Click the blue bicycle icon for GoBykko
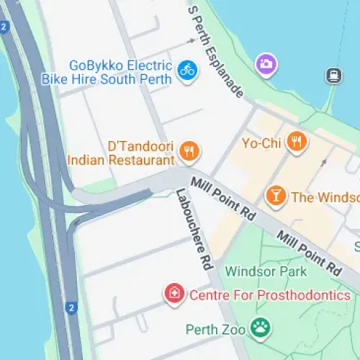pos(187,70)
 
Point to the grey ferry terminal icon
pos(333,75)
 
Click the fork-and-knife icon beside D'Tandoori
pos(190,150)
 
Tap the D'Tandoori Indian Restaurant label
pos(120,152)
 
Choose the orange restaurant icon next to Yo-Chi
pos(296,141)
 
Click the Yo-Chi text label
pos(261,142)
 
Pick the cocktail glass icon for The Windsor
pos(274,195)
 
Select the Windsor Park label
pos(266,271)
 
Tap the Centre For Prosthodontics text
pos(270,295)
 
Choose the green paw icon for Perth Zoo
pos(261,329)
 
